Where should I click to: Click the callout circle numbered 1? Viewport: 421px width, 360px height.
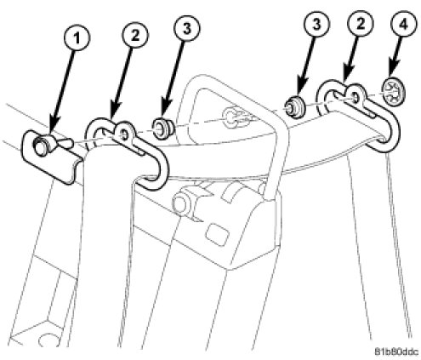coord(77,38)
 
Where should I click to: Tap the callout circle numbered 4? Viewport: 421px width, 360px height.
coord(403,25)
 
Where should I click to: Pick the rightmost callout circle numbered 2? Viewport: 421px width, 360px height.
coord(361,24)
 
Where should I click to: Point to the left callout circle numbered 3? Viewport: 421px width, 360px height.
coord(187,28)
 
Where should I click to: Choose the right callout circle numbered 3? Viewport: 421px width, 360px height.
coord(316,24)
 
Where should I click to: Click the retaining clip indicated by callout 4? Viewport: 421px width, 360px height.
coord(394,91)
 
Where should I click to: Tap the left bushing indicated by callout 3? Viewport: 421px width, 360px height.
coord(162,129)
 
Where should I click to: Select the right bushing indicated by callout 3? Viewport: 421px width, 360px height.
coord(295,108)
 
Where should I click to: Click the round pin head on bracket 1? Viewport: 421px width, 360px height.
coord(40,146)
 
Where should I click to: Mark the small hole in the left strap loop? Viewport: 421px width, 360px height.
coord(124,135)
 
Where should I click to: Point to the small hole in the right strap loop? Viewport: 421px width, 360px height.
coord(356,97)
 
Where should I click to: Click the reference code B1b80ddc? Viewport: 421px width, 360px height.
coord(396,351)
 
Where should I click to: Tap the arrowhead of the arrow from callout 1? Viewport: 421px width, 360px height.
coord(53,133)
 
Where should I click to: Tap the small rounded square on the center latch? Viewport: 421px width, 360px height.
coord(218,234)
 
